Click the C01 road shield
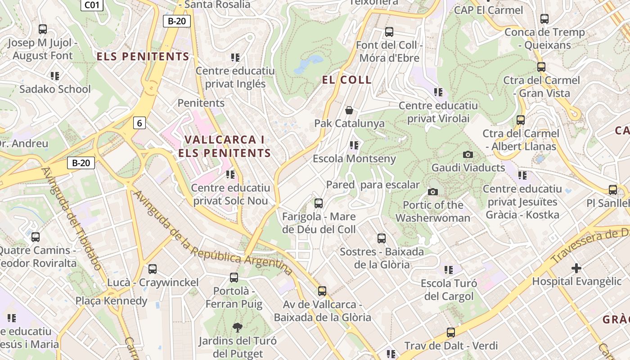click(92, 5)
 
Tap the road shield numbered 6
click(139, 123)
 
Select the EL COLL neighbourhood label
click(347, 80)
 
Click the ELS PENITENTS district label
click(143, 57)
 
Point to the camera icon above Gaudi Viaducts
click(468, 154)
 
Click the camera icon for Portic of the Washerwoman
click(433, 192)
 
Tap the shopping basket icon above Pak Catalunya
click(349, 110)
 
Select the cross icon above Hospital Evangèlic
click(576, 268)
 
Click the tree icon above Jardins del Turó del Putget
click(237, 327)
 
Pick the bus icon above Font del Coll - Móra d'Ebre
click(389, 32)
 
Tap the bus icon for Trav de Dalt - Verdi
click(451, 333)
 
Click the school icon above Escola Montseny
click(354, 145)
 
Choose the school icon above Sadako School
click(55, 76)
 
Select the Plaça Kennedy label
click(111, 301)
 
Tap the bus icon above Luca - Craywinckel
click(153, 269)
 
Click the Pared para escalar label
click(373, 184)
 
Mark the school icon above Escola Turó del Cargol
click(449, 270)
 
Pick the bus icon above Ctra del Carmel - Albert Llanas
click(521, 120)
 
